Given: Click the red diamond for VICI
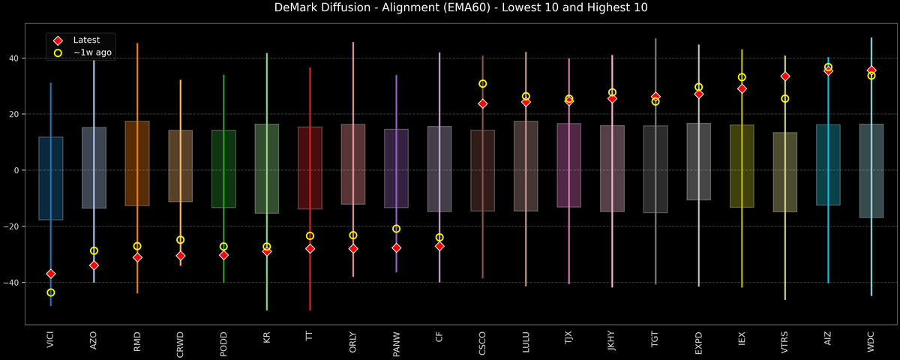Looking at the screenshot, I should click(x=51, y=274).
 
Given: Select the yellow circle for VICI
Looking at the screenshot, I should click(x=51, y=292).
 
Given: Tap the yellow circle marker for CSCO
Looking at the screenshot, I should click(x=483, y=84).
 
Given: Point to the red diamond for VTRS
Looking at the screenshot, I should click(x=785, y=76).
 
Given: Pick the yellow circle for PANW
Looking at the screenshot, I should click(x=396, y=229).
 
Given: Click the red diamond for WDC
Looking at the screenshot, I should click(x=871, y=70).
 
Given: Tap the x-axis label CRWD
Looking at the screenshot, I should click(x=181, y=343).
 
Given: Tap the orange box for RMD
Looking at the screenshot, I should click(x=137, y=163).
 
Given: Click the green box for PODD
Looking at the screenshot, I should click(x=223, y=169).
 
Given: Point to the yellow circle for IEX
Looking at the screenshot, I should click(x=742, y=77).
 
